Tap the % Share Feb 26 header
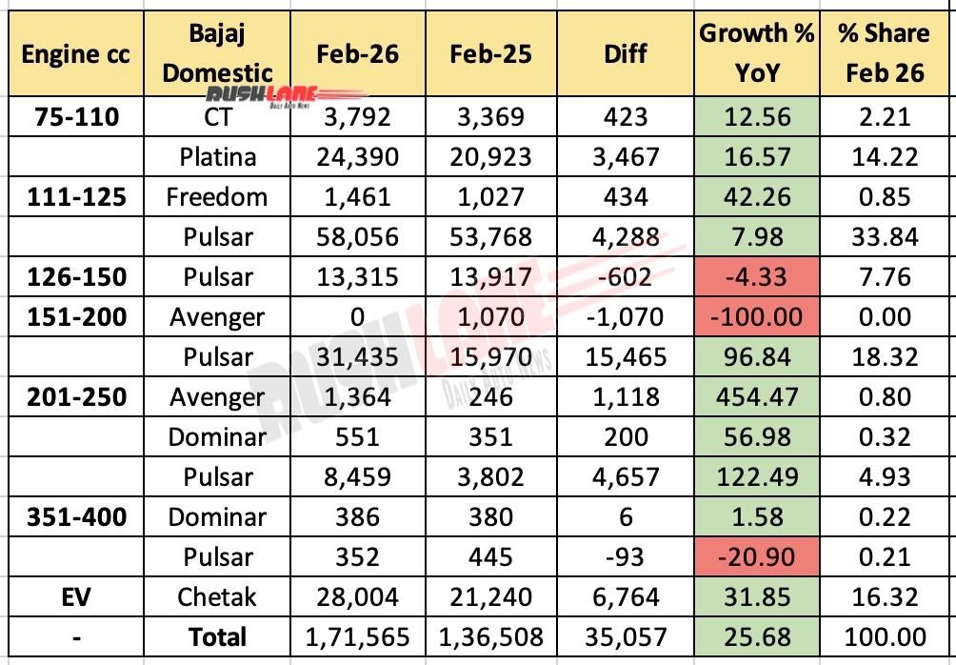pos(883,53)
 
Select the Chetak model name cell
pos(218,597)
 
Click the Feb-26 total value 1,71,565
pos(354,637)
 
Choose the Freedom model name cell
pos(218,197)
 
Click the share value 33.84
pos(883,237)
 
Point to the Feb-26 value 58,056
pos(354,237)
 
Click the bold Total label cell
pos(218,637)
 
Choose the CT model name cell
pos(218,117)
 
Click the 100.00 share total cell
pos(883,637)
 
